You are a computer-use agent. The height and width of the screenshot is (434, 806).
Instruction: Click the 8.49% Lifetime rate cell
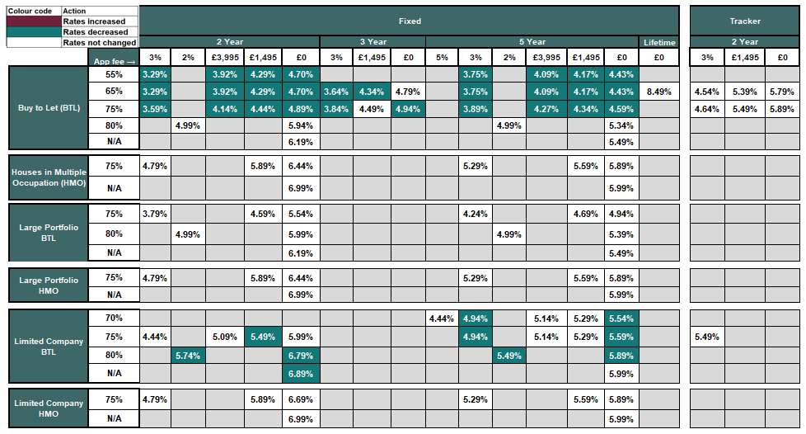659,92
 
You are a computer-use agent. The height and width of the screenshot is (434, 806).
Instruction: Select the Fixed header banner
409,21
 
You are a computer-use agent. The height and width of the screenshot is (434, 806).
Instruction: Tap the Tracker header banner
745,21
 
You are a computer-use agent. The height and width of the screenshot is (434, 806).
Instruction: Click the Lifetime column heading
659,42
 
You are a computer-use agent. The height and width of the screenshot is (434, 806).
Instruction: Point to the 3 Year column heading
373,42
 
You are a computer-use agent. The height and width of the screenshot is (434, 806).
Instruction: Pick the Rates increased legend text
94,21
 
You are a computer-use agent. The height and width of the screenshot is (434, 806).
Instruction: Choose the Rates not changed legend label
99,42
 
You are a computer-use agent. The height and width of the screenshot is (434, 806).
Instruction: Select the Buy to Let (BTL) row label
49,107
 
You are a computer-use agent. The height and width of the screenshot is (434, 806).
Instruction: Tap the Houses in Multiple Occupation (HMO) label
49,177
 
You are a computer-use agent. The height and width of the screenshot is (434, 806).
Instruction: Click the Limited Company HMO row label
49,408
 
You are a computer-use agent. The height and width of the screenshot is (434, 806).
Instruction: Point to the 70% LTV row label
114,318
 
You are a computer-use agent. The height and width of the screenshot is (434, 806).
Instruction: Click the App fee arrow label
114,59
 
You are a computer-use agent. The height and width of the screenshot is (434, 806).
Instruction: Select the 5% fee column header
443,57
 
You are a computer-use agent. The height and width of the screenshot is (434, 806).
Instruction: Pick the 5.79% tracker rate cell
781,92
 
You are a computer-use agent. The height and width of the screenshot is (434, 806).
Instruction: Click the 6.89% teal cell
300,373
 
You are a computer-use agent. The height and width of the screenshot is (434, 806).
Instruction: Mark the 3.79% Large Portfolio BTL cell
155,215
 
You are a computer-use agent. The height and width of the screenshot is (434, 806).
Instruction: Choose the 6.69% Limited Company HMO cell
300,400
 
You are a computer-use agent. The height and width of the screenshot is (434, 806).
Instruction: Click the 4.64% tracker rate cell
707,109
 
